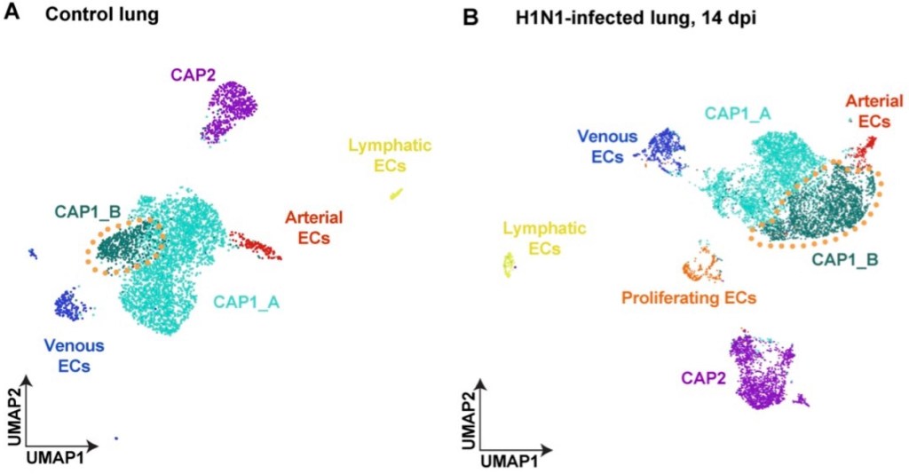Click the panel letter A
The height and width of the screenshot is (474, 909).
(12, 15)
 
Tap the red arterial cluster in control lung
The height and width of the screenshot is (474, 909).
(255, 246)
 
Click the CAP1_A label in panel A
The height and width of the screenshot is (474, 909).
(246, 303)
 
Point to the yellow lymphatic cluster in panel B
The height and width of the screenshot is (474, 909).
(509, 265)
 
